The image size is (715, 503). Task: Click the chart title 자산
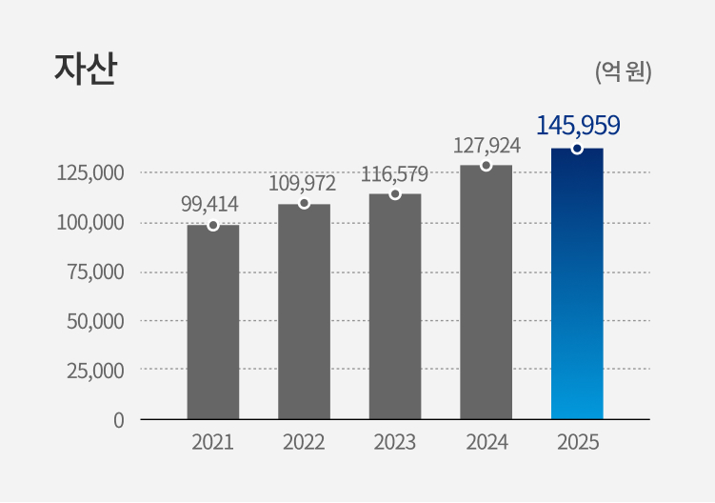tap(85, 70)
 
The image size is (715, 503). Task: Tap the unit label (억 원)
tap(623, 71)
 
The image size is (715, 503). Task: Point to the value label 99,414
tap(209, 203)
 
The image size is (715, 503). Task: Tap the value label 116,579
tap(394, 174)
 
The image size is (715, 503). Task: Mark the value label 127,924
tap(487, 146)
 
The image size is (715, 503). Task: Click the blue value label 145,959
tap(578, 125)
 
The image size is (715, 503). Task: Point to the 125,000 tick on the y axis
tap(90, 173)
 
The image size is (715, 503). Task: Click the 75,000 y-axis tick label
tap(95, 272)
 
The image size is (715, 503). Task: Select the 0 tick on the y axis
tap(119, 419)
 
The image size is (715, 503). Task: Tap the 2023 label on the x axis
tap(395, 442)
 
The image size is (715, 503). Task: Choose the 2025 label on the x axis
tap(577, 442)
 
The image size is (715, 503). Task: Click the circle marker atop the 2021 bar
tap(213, 226)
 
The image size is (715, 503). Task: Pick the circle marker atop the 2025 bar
tap(577, 149)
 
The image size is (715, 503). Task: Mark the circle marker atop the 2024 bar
tap(486, 166)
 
